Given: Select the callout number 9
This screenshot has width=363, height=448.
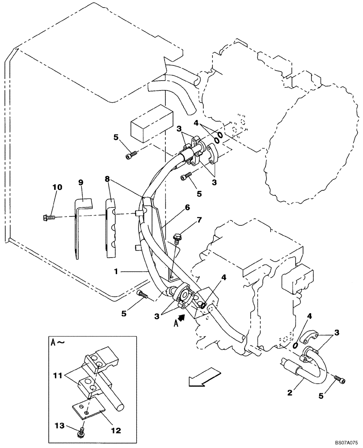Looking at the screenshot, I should point(81,182).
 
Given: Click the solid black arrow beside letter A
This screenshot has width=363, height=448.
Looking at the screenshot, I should point(181,319).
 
